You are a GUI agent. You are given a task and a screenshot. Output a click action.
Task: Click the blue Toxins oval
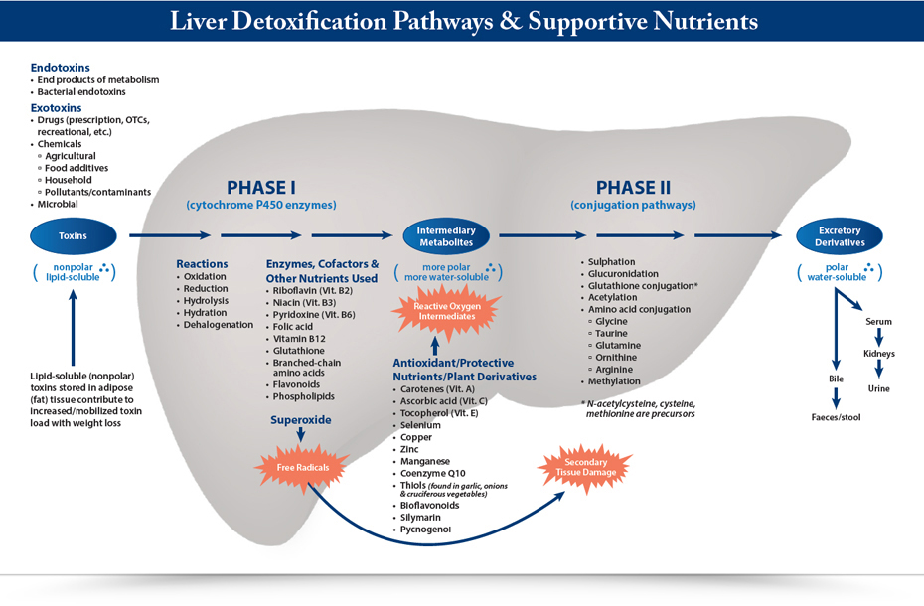pos(73,236)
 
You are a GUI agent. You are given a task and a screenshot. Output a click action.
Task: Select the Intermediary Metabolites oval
pos(446,236)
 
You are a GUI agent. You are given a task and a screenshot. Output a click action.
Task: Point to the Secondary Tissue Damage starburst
pos(585,469)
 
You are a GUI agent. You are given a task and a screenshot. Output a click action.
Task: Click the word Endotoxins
pos(60,68)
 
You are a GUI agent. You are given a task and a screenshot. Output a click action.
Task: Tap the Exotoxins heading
pos(56,107)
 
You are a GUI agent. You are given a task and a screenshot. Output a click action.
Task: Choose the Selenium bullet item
pos(420,425)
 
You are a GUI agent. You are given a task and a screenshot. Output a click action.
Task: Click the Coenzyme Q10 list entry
pos(434,474)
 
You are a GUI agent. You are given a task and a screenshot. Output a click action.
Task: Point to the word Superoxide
pos(300,420)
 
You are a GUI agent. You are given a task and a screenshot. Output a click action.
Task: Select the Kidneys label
pos(878,354)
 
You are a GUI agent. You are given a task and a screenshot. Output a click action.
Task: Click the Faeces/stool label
pos(837,418)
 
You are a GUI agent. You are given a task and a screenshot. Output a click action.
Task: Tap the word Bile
pos(836,379)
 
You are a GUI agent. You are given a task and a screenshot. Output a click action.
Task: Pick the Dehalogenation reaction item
pos(218,325)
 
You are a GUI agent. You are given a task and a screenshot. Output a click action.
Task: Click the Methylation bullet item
pos(617,381)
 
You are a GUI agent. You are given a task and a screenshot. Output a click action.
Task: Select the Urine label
pos(880,388)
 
